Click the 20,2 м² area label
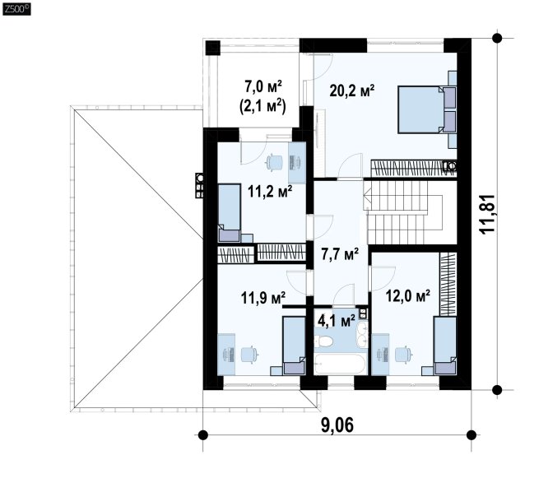coord(351,91)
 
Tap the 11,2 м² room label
coord(270,192)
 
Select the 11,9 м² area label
coord(263,298)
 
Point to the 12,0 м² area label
coord(408,295)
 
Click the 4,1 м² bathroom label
coord(337,321)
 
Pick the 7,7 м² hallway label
coord(340,255)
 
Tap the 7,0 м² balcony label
coord(263,86)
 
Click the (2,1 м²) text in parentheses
coord(263,106)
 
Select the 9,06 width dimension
coord(337,425)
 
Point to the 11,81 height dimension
coord(487,214)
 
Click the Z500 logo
coord(16,9)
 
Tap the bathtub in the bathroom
coord(340,364)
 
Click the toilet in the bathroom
coord(325,341)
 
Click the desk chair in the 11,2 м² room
coord(274,162)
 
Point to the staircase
coord(403,213)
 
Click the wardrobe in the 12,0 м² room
coord(448,285)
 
